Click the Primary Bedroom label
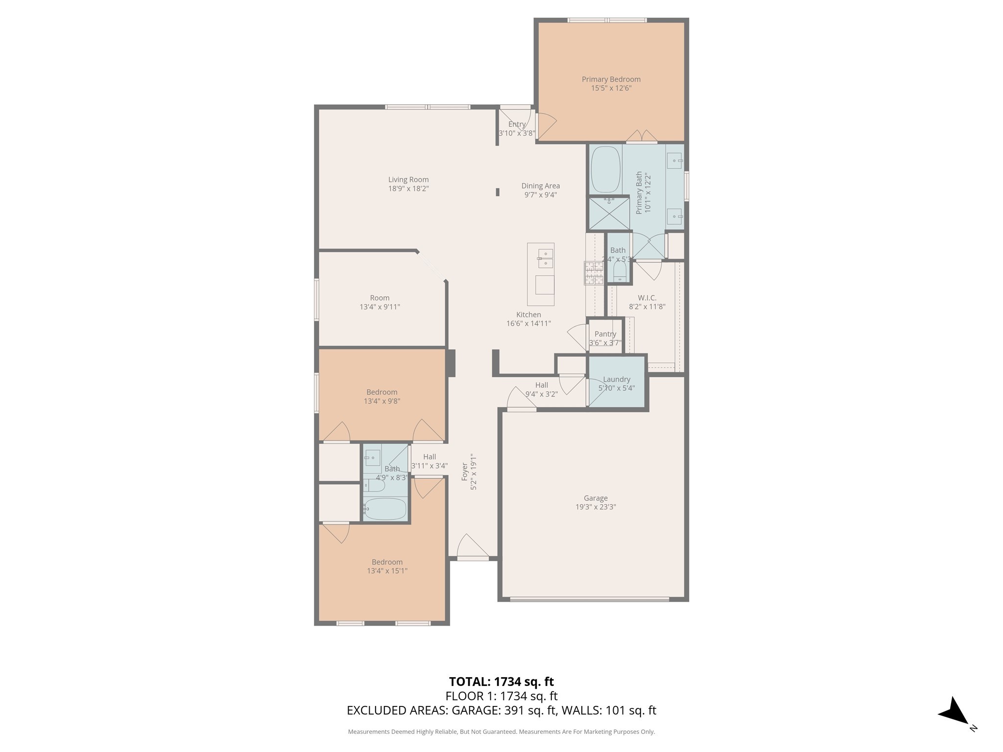tap(611, 79)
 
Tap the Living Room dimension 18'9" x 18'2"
tap(408, 188)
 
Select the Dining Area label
tap(540, 186)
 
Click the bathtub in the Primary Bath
tap(605, 169)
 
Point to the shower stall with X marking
tap(609, 213)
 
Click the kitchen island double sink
tap(545, 258)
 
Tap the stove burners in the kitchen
tap(594, 273)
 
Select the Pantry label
tap(605, 334)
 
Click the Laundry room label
tap(617, 379)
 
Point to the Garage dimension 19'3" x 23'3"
tap(596, 507)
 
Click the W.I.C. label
tap(647, 298)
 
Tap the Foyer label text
tap(465, 472)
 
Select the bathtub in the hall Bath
tap(385, 509)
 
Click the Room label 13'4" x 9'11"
tap(380, 298)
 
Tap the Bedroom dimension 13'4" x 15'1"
tap(387, 571)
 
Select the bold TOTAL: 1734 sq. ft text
tap(501, 681)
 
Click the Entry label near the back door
tap(517, 124)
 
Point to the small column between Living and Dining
tap(498, 192)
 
